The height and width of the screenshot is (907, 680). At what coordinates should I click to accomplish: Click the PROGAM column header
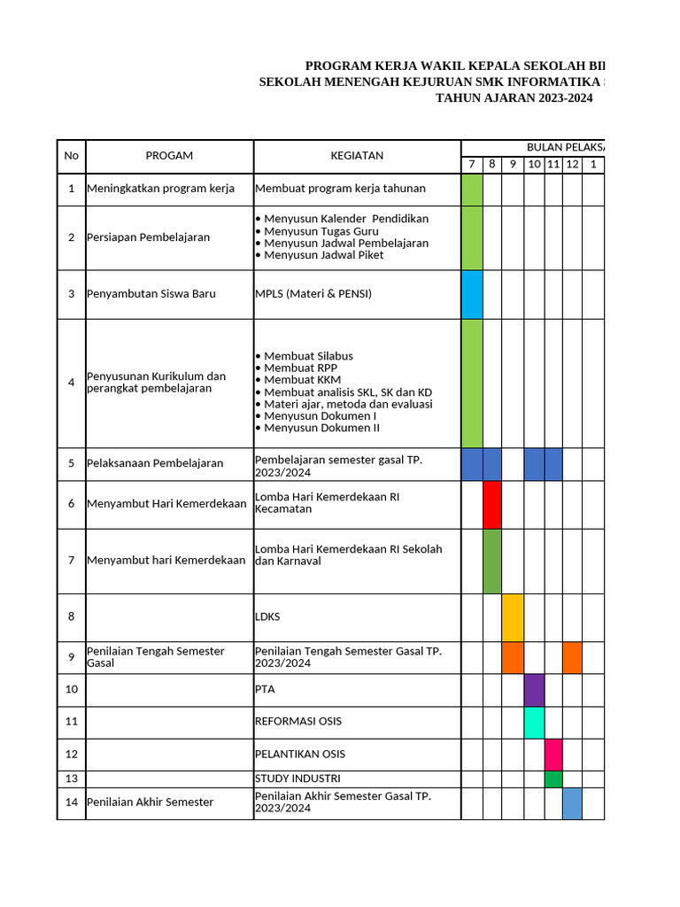169,156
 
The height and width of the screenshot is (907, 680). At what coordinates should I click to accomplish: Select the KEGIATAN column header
357,156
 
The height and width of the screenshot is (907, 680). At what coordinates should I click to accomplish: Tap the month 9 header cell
513,165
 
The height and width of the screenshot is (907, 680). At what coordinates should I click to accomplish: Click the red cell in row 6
492,505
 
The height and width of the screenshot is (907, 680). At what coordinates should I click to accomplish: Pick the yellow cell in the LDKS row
513,617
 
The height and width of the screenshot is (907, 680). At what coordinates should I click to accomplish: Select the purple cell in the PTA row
534,690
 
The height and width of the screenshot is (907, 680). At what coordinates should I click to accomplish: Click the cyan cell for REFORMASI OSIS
534,722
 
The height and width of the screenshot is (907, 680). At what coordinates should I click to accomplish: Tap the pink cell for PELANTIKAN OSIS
553,755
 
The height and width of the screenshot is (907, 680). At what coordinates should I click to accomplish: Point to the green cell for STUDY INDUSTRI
553,779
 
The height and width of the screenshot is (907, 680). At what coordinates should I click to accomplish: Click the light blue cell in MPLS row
472,294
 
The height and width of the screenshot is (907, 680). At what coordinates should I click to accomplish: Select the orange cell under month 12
572,657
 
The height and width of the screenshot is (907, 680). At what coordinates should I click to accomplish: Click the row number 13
72,779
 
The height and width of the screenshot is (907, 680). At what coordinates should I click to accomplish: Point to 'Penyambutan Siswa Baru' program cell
151,294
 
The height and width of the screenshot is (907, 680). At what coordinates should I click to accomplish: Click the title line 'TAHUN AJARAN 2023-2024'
514,98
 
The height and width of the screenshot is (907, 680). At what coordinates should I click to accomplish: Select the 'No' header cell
72,156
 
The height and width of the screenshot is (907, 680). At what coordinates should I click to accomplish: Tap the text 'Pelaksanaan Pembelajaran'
155,463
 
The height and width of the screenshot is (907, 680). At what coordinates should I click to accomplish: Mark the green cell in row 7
492,561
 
